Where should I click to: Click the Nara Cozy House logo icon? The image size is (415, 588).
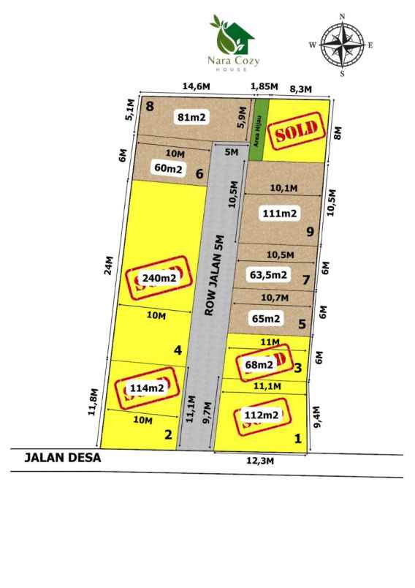pyautogui.click(x=232, y=31)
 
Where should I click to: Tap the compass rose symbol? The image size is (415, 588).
pyautogui.click(x=342, y=45)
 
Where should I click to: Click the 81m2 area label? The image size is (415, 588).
pyautogui.click(x=191, y=116)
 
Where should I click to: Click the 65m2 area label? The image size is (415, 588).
pyautogui.click(x=266, y=318)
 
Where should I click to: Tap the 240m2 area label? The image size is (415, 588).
pyautogui.click(x=159, y=278)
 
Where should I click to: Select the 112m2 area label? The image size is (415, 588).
pyautogui.click(x=261, y=415)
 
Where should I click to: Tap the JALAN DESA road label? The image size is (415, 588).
pyautogui.click(x=62, y=459)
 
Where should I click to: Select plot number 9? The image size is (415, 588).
pyautogui.click(x=311, y=233)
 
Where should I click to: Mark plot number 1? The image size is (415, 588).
pyautogui.click(x=297, y=439)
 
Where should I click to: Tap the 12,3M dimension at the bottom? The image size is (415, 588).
pyautogui.click(x=259, y=461)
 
